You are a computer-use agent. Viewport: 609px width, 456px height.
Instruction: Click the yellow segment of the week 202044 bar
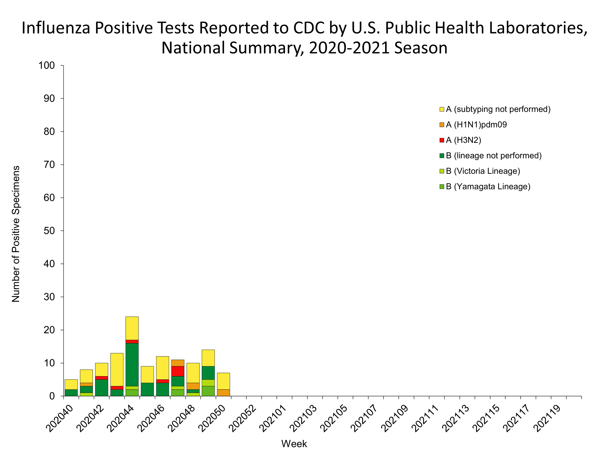pyautogui.click(x=132, y=328)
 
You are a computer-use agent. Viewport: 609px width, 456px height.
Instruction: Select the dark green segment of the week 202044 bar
pyautogui.click(x=132, y=364)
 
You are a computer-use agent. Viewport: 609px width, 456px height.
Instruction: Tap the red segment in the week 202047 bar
pyautogui.click(x=178, y=371)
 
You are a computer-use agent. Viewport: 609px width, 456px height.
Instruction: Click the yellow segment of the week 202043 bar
pyautogui.click(x=117, y=369)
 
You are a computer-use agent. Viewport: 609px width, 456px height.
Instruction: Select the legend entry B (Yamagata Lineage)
pyautogui.click(x=488, y=187)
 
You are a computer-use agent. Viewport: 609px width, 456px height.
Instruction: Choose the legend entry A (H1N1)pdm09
pyautogui.click(x=476, y=125)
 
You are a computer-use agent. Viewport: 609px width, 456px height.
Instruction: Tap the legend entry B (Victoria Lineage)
pyautogui.click(x=483, y=171)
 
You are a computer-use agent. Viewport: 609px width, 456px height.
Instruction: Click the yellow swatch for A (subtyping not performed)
pyautogui.click(x=442, y=109)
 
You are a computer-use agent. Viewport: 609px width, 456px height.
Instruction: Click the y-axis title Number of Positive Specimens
pyautogui.click(x=16, y=234)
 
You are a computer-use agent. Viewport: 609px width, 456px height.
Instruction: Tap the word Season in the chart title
pyautogui.click(x=421, y=48)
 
